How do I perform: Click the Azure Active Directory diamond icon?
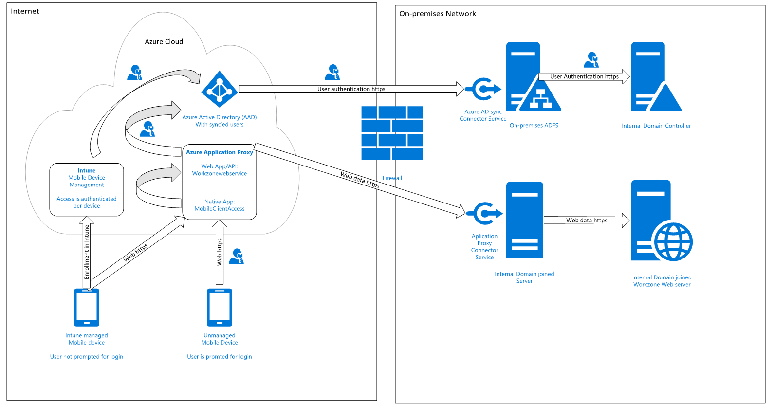click(x=219, y=90)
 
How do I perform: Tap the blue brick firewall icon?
click(x=392, y=133)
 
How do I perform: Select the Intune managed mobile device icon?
click(x=87, y=308)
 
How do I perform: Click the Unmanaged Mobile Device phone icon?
click(x=220, y=308)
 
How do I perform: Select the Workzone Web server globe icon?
click(x=673, y=242)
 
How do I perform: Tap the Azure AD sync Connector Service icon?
click(x=482, y=90)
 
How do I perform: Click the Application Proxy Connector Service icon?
click(x=484, y=214)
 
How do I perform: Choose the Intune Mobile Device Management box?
click(x=87, y=189)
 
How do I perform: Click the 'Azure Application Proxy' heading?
click(x=220, y=152)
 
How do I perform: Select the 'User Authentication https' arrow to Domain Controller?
click(x=584, y=76)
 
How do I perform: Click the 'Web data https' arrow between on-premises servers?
click(x=586, y=220)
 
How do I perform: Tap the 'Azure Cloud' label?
click(x=164, y=42)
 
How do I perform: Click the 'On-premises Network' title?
click(x=438, y=14)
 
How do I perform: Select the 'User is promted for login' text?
click(x=220, y=357)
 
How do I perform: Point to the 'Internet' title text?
click(x=25, y=11)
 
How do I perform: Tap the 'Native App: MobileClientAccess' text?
click(x=220, y=205)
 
